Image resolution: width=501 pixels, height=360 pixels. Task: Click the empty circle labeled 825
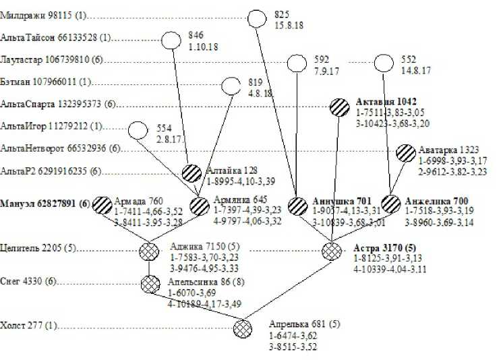[x=257, y=18]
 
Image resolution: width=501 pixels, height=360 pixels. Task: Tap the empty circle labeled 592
[x=297, y=63]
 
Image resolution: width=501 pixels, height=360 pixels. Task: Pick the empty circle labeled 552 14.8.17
[x=384, y=63]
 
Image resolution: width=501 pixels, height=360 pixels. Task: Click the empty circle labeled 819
[x=231, y=86]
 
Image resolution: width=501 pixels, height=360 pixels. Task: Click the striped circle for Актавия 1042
[x=340, y=107]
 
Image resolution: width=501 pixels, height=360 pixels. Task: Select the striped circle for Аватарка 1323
[x=406, y=152]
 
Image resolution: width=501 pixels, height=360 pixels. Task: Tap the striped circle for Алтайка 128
[x=193, y=173]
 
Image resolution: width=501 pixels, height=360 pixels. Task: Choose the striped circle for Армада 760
[x=102, y=204]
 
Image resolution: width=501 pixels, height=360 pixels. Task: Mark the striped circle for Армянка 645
[x=200, y=206]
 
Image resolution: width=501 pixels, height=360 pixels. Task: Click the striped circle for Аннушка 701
[x=297, y=206]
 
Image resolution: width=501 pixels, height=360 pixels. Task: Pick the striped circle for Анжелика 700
[x=391, y=204]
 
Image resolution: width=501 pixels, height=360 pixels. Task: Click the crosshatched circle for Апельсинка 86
[x=150, y=284]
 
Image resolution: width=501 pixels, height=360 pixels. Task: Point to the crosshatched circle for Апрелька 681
[x=242, y=329]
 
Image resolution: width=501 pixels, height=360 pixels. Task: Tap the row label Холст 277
[x=27, y=326]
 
